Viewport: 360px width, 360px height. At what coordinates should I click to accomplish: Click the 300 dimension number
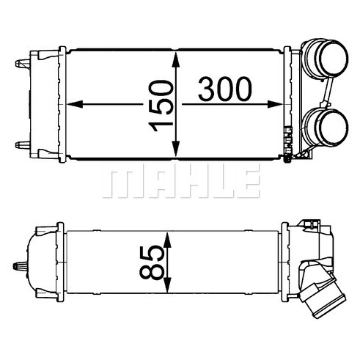tap(225, 89)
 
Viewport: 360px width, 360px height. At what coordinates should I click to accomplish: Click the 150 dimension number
tap(161, 106)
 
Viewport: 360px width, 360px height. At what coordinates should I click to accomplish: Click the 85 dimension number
tap(152, 262)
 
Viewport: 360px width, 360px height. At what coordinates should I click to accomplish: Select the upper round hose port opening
tap(334, 56)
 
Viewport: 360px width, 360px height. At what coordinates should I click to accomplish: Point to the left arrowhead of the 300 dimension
tap(74, 104)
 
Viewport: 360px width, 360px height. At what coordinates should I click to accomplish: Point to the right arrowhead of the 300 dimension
tap(275, 104)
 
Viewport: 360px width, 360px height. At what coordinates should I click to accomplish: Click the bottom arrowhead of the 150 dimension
tap(176, 150)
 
